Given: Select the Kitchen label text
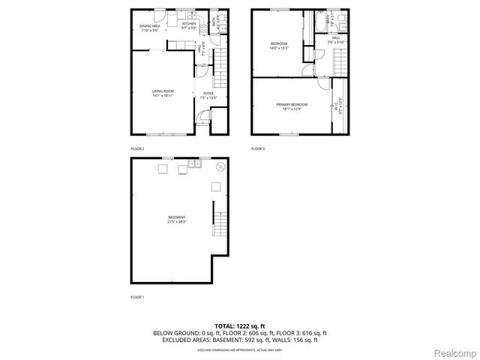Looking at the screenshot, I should point(189,25).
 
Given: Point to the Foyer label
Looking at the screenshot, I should point(208,94).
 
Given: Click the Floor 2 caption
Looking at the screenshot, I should point(137,149).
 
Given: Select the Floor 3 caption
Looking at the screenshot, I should point(258,149).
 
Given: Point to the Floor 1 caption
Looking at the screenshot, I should point(137,298).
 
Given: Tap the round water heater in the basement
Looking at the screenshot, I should point(220,167).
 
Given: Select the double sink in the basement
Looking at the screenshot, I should point(193,163).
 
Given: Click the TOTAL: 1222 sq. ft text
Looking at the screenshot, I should point(239,325).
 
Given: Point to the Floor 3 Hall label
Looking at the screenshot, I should point(336,38).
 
